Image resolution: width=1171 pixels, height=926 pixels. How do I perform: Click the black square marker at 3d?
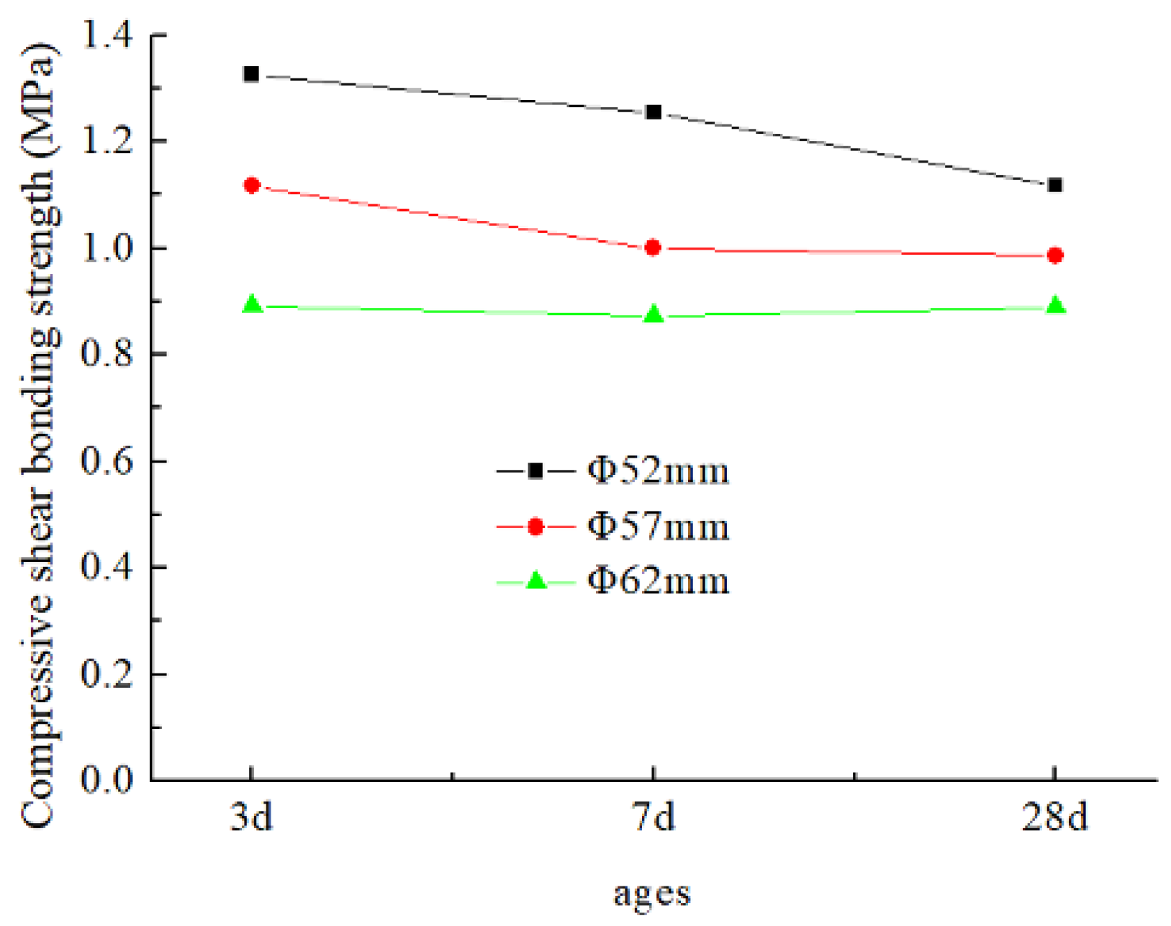click(251, 74)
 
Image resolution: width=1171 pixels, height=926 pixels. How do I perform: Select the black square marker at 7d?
click(654, 112)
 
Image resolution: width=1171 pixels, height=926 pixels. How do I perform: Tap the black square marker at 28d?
click(1055, 186)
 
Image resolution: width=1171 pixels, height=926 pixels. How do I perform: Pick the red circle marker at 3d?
click(252, 186)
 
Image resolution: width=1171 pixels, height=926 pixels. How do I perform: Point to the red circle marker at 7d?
click(654, 248)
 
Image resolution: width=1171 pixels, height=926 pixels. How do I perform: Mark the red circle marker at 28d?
click(1055, 255)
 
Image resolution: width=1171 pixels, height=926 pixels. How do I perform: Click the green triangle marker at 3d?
click(252, 304)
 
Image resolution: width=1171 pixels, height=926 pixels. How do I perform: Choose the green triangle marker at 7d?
click(654, 314)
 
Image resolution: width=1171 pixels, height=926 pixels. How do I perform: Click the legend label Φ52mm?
click(658, 472)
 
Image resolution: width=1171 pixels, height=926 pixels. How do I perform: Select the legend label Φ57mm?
click(658, 527)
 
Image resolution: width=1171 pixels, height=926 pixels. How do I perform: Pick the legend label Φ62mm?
click(658, 581)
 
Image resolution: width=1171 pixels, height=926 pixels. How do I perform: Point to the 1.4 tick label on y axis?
click(107, 35)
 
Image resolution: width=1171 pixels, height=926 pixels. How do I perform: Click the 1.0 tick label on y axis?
click(107, 248)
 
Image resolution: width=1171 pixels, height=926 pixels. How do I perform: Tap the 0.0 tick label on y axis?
click(107, 780)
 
